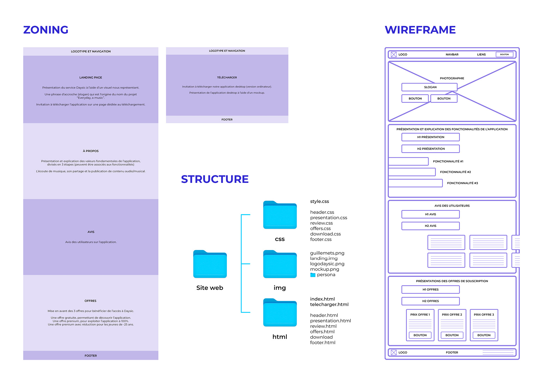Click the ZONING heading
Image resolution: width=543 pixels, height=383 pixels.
coord(46,30)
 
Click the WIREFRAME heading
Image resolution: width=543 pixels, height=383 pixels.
coord(420,30)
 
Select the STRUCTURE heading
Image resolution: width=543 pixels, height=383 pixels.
coord(215,179)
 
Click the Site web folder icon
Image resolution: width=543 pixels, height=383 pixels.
coord(210,264)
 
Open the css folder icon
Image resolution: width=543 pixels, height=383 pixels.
coord(280,215)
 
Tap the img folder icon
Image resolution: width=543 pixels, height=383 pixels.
coord(280,264)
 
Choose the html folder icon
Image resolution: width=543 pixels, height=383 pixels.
coord(280,313)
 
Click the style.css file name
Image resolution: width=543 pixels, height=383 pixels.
coord(319,202)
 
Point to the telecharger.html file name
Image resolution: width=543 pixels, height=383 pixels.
coord(329,305)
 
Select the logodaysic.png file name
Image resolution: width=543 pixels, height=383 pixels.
coord(327,264)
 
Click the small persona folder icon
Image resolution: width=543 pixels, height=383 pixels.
coord(313,275)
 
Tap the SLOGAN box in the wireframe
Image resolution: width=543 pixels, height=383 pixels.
coord(430,87)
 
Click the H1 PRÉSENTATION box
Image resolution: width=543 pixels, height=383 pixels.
coord(430,137)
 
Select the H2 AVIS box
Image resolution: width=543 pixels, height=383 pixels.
coord(430,226)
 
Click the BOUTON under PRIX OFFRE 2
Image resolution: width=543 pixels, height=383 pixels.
coord(452,335)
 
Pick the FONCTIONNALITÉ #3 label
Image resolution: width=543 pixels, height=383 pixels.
coord(462,183)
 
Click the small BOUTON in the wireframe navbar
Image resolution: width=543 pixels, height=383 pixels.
coord(504,54)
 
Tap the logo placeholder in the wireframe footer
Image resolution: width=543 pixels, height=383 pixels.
coord(394,352)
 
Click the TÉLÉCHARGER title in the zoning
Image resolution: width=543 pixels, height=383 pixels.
coord(227,78)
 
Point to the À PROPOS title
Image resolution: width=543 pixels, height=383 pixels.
coord(91,151)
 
